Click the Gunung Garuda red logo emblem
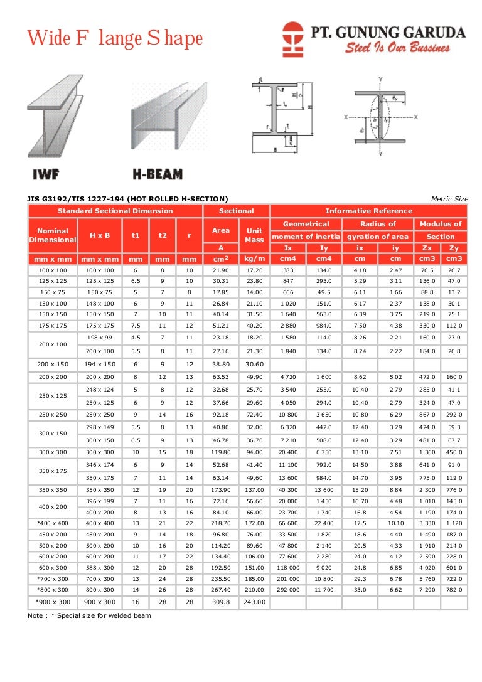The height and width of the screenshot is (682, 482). [x=292, y=38]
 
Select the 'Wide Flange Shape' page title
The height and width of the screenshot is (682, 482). [x=115, y=39]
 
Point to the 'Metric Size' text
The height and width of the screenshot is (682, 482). [x=449, y=199]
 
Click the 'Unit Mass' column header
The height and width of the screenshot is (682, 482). [x=254, y=235]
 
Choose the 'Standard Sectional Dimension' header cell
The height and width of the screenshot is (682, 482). [x=115, y=211]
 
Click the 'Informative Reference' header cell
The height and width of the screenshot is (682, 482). [x=368, y=211]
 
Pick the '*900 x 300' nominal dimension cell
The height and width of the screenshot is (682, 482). [x=53, y=602]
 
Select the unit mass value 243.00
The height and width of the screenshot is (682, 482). [x=254, y=602]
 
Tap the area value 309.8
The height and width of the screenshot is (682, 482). [x=220, y=602]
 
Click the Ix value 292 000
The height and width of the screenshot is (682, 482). [x=288, y=590]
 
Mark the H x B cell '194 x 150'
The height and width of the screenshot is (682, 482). [x=100, y=364]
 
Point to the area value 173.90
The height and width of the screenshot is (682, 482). [x=220, y=489]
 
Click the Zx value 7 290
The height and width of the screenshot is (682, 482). [x=427, y=590]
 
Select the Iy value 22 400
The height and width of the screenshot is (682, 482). [x=323, y=522]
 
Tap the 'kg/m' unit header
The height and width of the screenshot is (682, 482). [x=254, y=258]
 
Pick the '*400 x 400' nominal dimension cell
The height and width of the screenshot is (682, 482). [x=53, y=522]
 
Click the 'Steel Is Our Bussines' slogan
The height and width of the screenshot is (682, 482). [x=397, y=48]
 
